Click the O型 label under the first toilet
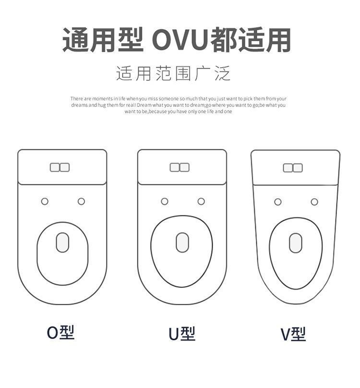coord(60,332)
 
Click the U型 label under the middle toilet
coord(181,334)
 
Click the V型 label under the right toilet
coord(293,334)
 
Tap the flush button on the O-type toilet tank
coord(60,167)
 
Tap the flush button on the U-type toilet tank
coord(180,167)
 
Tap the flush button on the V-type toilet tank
coord(293,168)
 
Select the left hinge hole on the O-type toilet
coord(45,201)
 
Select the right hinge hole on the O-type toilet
coord(81,201)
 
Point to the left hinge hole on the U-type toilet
coord(165,201)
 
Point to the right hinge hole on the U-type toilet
coord(201,201)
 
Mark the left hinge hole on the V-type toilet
coord(278,202)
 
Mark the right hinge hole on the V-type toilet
coord(314,202)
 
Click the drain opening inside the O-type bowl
coord(62,242)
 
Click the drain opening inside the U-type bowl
coord(182,242)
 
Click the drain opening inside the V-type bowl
coord(296,243)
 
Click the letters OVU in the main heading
coord(181,40)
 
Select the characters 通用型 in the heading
coord(103,40)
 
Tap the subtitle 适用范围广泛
coord(173,74)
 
